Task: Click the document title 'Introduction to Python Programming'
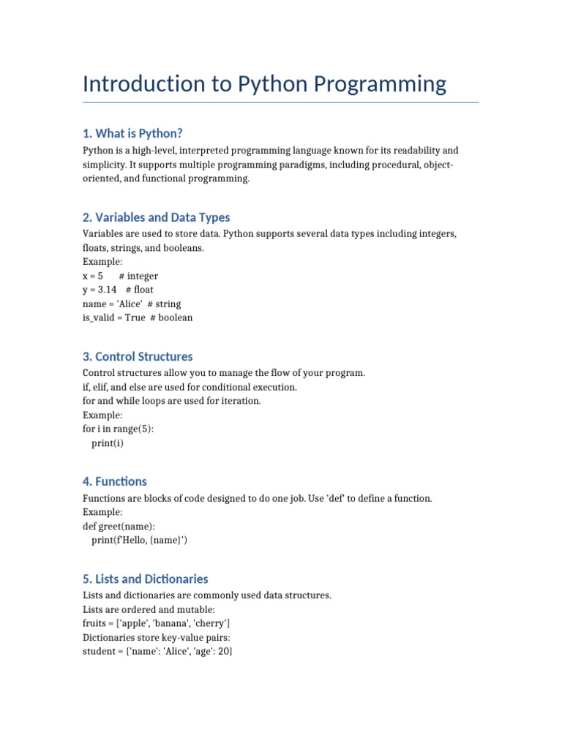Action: tap(264, 84)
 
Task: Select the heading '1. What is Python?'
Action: tap(132, 133)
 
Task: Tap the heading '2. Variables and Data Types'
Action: tap(157, 217)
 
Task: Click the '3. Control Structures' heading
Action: tap(138, 356)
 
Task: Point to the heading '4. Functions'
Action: tap(115, 481)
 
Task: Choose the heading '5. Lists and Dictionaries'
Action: tap(146, 579)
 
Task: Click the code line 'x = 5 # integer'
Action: tap(120, 276)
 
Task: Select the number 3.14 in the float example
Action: tap(107, 290)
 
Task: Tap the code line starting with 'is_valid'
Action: tap(138, 317)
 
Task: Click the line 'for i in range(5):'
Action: tap(119, 429)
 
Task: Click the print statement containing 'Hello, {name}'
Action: tap(144, 540)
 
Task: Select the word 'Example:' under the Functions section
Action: tap(102, 512)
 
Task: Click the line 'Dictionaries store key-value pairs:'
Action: tap(158, 637)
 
